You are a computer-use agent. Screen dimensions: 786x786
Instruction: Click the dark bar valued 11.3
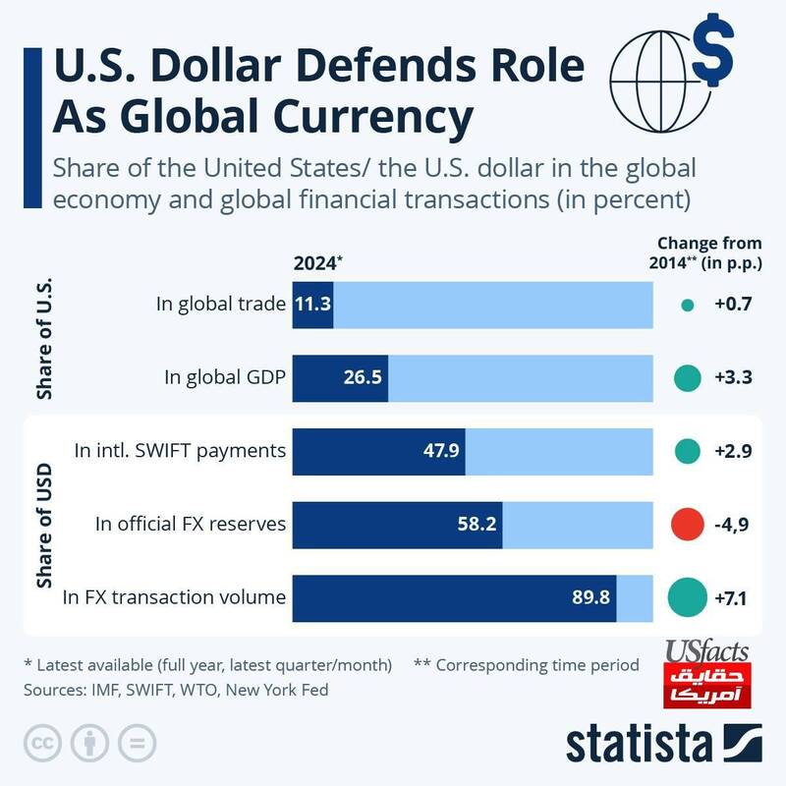(313, 304)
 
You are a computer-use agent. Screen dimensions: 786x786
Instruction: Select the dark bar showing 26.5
(340, 376)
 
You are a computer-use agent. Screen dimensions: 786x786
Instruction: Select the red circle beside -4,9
(688, 524)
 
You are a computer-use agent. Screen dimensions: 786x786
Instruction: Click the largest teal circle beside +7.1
(688, 596)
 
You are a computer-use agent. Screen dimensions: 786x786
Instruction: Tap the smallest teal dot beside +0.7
(688, 305)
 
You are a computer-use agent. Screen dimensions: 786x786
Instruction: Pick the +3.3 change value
(733, 376)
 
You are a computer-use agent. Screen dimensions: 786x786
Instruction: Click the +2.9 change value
(733, 451)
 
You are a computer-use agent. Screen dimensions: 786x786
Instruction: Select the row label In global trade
(220, 304)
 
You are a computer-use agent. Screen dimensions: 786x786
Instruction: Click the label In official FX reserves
(191, 524)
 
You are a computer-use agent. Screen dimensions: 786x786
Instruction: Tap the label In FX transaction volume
(174, 596)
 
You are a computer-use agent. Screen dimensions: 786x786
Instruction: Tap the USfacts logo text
(706, 651)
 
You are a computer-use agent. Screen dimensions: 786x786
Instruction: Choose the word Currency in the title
(365, 117)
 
